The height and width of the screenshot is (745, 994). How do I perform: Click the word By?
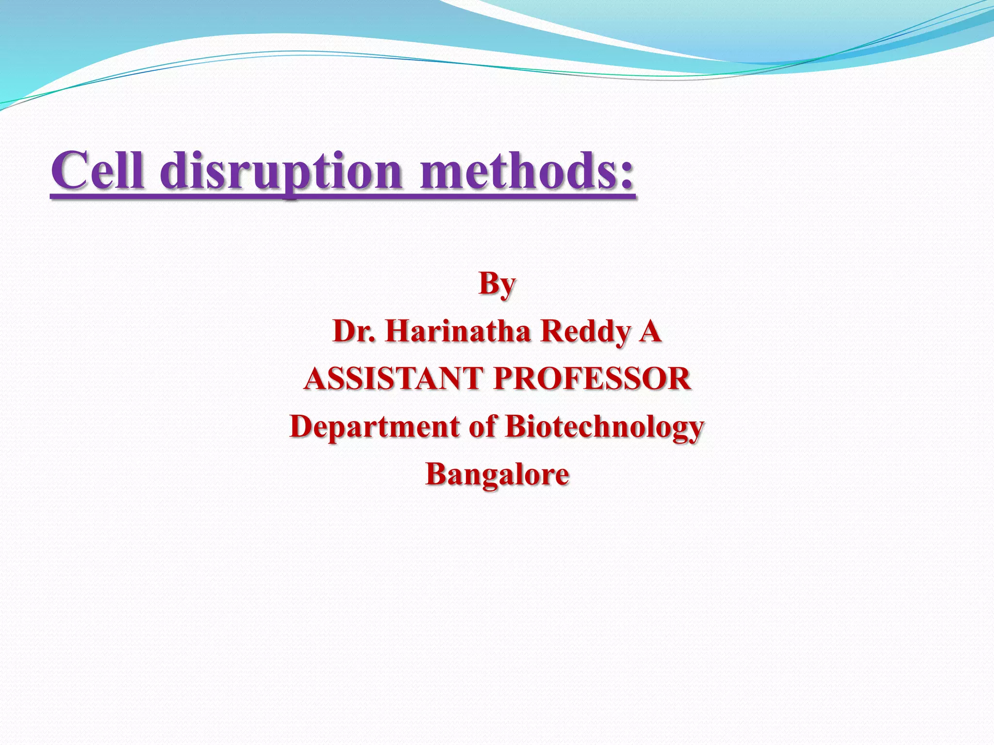click(x=497, y=284)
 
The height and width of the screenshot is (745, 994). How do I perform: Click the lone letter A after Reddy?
click(x=650, y=332)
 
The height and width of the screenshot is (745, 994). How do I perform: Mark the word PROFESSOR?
click(x=592, y=379)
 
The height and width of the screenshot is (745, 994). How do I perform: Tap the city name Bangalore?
click(x=497, y=474)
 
